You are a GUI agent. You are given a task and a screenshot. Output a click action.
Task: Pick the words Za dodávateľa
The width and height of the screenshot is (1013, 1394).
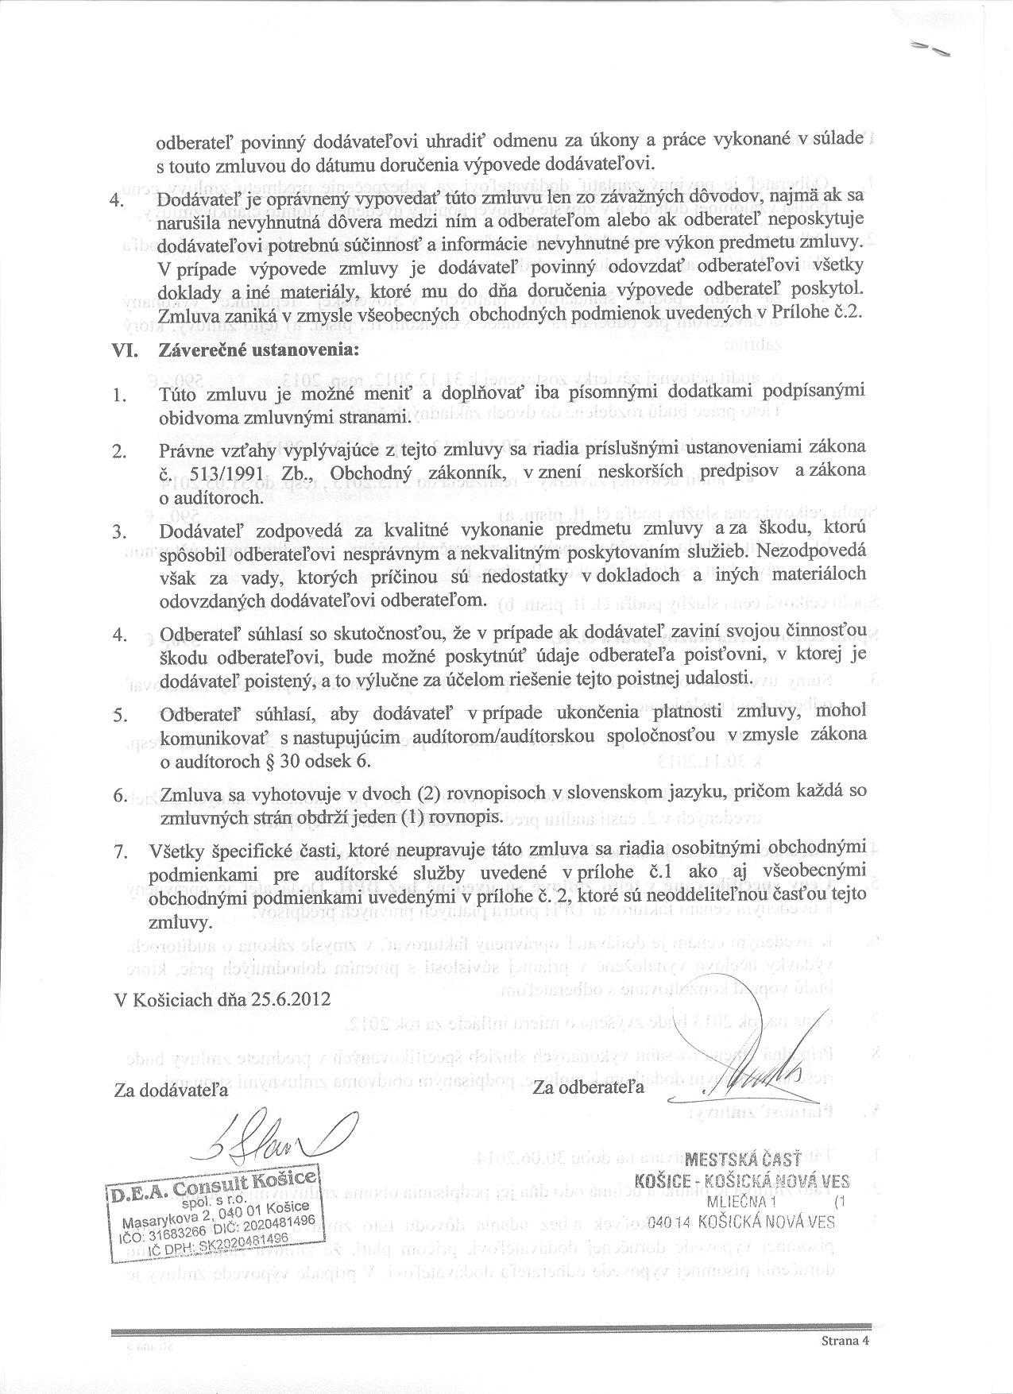171,1090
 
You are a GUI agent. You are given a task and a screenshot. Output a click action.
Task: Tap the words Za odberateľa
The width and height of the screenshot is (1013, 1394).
589,1086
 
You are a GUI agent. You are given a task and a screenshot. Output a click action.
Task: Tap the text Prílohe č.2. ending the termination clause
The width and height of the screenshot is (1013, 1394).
827,311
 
